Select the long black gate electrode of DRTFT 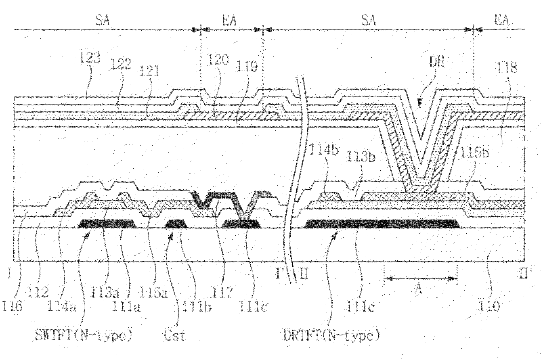[382, 223]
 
